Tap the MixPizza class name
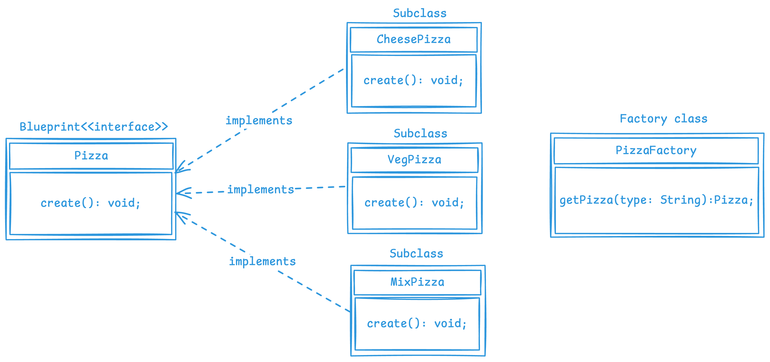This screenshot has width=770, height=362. click(417, 282)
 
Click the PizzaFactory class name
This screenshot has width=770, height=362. click(656, 150)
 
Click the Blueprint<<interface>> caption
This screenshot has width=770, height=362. click(93, 127)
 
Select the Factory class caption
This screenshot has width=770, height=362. click(664, 119)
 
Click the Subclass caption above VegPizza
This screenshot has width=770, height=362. click(420, 133)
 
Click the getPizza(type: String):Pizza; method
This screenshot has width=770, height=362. click(657, 200)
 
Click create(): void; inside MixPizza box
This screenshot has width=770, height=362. click(417, 323)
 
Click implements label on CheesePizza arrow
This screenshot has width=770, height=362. click(259, 120)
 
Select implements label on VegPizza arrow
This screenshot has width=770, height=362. click(261, 189)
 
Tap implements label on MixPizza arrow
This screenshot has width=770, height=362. click(263, 262)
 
